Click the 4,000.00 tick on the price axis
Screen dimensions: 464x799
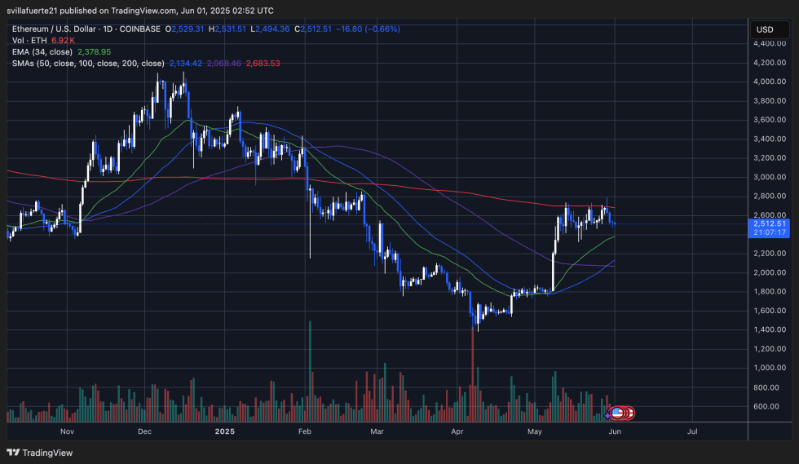pos(770,82)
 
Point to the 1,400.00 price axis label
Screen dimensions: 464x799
pos(770,329)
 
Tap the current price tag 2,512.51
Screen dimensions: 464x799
pos(770,223)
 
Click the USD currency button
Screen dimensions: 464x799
pos(765,29)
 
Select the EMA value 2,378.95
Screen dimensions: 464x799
pos(94,51)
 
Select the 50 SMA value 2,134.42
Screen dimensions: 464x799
pos(186,63)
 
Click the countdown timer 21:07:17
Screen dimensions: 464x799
pos(770,232)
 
